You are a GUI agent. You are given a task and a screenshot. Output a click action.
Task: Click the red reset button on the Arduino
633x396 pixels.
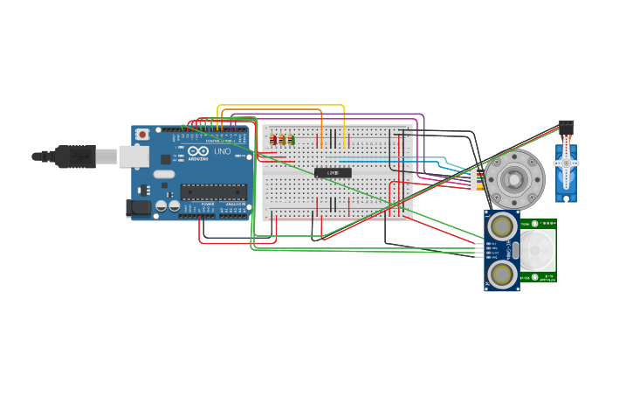point(141,135)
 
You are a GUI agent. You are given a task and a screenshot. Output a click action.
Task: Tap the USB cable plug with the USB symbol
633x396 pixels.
point(76,156)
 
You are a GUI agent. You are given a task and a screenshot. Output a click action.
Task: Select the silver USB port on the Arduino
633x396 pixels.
point(134,156)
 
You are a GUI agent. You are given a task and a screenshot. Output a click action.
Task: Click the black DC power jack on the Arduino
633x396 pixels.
point(137,207)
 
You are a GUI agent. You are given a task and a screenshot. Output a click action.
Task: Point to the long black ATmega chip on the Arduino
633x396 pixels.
point(213,191)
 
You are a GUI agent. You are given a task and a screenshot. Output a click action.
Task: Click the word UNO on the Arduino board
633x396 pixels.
point(223,151)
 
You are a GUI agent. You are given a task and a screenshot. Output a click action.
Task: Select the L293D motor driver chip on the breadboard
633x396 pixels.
point(333,173)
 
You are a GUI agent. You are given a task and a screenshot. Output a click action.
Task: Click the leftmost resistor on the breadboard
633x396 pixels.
point(273,139)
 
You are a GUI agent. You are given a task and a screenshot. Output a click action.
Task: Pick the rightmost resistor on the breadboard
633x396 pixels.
point(291,139)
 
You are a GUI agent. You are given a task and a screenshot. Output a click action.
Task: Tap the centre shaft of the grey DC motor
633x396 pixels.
point(515,179)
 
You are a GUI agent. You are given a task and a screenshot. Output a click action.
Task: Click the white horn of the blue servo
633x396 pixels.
point(566,163)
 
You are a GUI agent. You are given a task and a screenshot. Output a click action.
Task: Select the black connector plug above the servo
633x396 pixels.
point(566,127)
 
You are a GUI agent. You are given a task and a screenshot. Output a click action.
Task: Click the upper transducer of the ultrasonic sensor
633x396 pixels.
point(502,225)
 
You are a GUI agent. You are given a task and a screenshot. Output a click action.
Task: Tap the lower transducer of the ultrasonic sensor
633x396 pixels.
point(502,274)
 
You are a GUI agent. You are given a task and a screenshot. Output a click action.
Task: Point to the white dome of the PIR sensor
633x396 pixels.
point(538,250)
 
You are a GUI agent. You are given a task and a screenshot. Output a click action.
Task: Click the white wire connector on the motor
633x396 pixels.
point(474,180)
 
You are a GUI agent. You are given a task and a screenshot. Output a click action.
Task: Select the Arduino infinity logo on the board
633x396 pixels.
point(198,150)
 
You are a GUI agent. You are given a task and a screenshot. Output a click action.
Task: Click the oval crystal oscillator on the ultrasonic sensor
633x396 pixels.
point(514,250)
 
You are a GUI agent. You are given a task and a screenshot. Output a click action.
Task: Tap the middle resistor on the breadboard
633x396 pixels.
point(282,139)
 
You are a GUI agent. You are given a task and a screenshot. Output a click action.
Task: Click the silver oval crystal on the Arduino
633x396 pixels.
point(163,174)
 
